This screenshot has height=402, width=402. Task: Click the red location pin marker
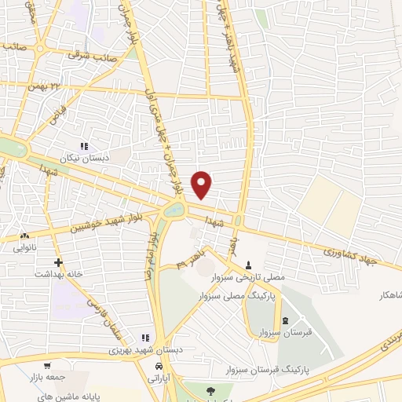(203, 184)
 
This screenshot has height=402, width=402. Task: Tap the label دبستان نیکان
(85, 159)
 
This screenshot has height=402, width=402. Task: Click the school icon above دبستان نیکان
(85, 146)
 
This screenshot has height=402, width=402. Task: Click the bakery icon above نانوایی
(24, 235)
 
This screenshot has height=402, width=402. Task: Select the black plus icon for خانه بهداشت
(57, 262)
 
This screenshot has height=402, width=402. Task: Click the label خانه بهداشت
(57, 275)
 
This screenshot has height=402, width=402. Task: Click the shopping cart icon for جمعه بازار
(49, 365)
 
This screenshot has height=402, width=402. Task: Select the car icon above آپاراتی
(159, 367)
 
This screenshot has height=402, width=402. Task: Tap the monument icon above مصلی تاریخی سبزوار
(249, 265)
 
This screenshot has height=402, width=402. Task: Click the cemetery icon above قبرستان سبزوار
(285, 320)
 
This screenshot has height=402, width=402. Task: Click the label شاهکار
(389, 295)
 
